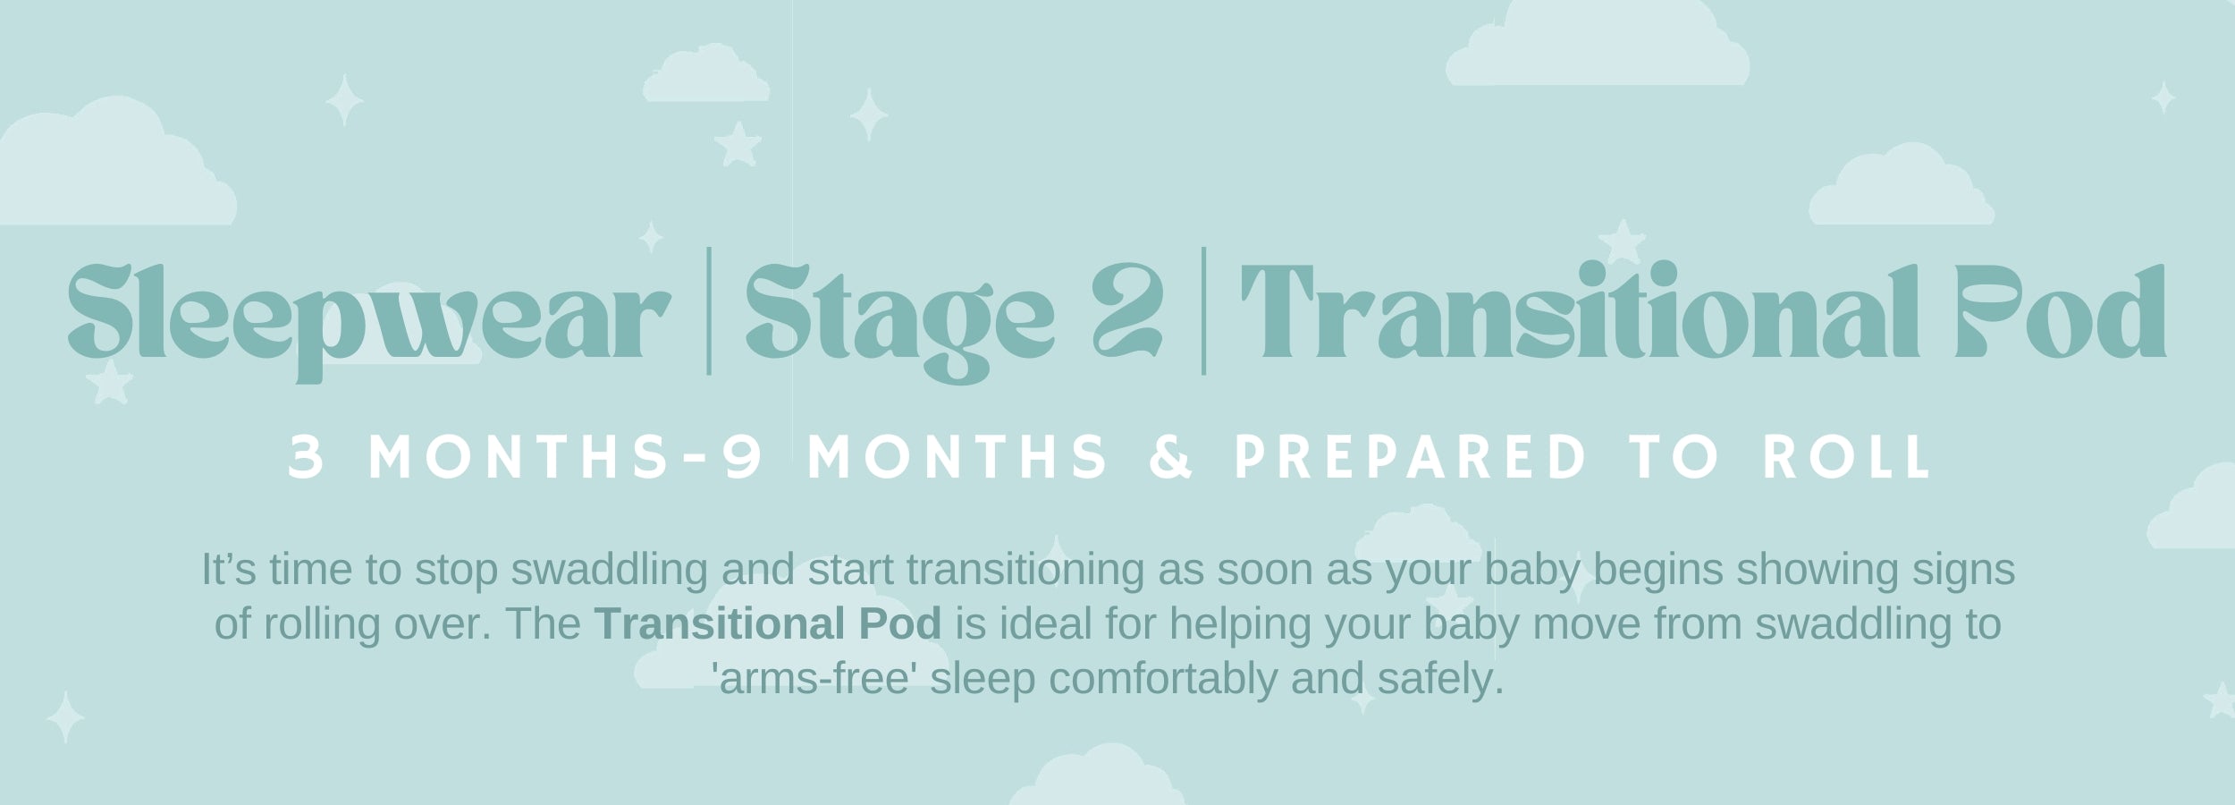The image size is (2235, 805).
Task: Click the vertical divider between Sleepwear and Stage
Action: click(x=709, y=310)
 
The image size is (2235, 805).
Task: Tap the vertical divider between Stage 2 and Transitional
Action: click(x=1203, y=310)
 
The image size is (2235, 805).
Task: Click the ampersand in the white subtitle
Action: click(x=1170, y=458)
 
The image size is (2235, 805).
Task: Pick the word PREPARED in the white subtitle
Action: click(x=1410, y=458)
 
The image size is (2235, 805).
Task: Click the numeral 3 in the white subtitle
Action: click(x=306, y=458)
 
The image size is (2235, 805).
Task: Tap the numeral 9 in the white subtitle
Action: click(x=744, y=458)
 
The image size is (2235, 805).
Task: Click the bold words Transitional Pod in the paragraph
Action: click(x=768, y=623)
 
